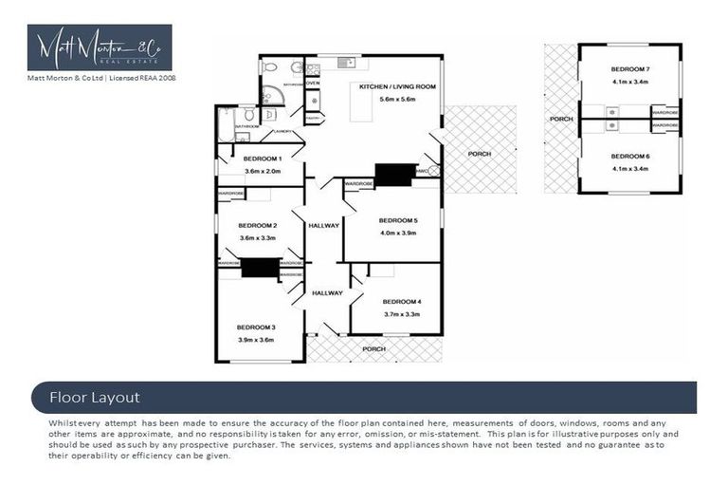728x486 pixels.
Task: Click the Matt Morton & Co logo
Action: pos(100,47)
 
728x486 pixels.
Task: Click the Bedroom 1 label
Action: pos(262,158)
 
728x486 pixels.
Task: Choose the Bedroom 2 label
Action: pos(258,225)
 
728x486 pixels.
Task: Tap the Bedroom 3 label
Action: pos(255,327)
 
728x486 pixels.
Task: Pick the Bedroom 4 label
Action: pos(402,302)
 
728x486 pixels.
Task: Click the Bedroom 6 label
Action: pos(629,156)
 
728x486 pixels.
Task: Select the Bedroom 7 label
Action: pos(629,69)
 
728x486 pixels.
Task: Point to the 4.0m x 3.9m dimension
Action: pos(398,232)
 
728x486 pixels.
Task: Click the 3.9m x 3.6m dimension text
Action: pos(255,339)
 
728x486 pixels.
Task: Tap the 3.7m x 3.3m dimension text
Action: pos(402,314)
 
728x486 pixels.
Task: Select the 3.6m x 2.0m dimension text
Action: pos(262,171)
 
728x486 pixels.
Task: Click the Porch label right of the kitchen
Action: pos(480,154)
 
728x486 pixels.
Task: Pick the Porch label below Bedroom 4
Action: pos(374,348)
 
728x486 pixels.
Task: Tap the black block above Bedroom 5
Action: pos(395,174)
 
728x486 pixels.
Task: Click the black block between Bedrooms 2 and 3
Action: pos(259,268)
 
